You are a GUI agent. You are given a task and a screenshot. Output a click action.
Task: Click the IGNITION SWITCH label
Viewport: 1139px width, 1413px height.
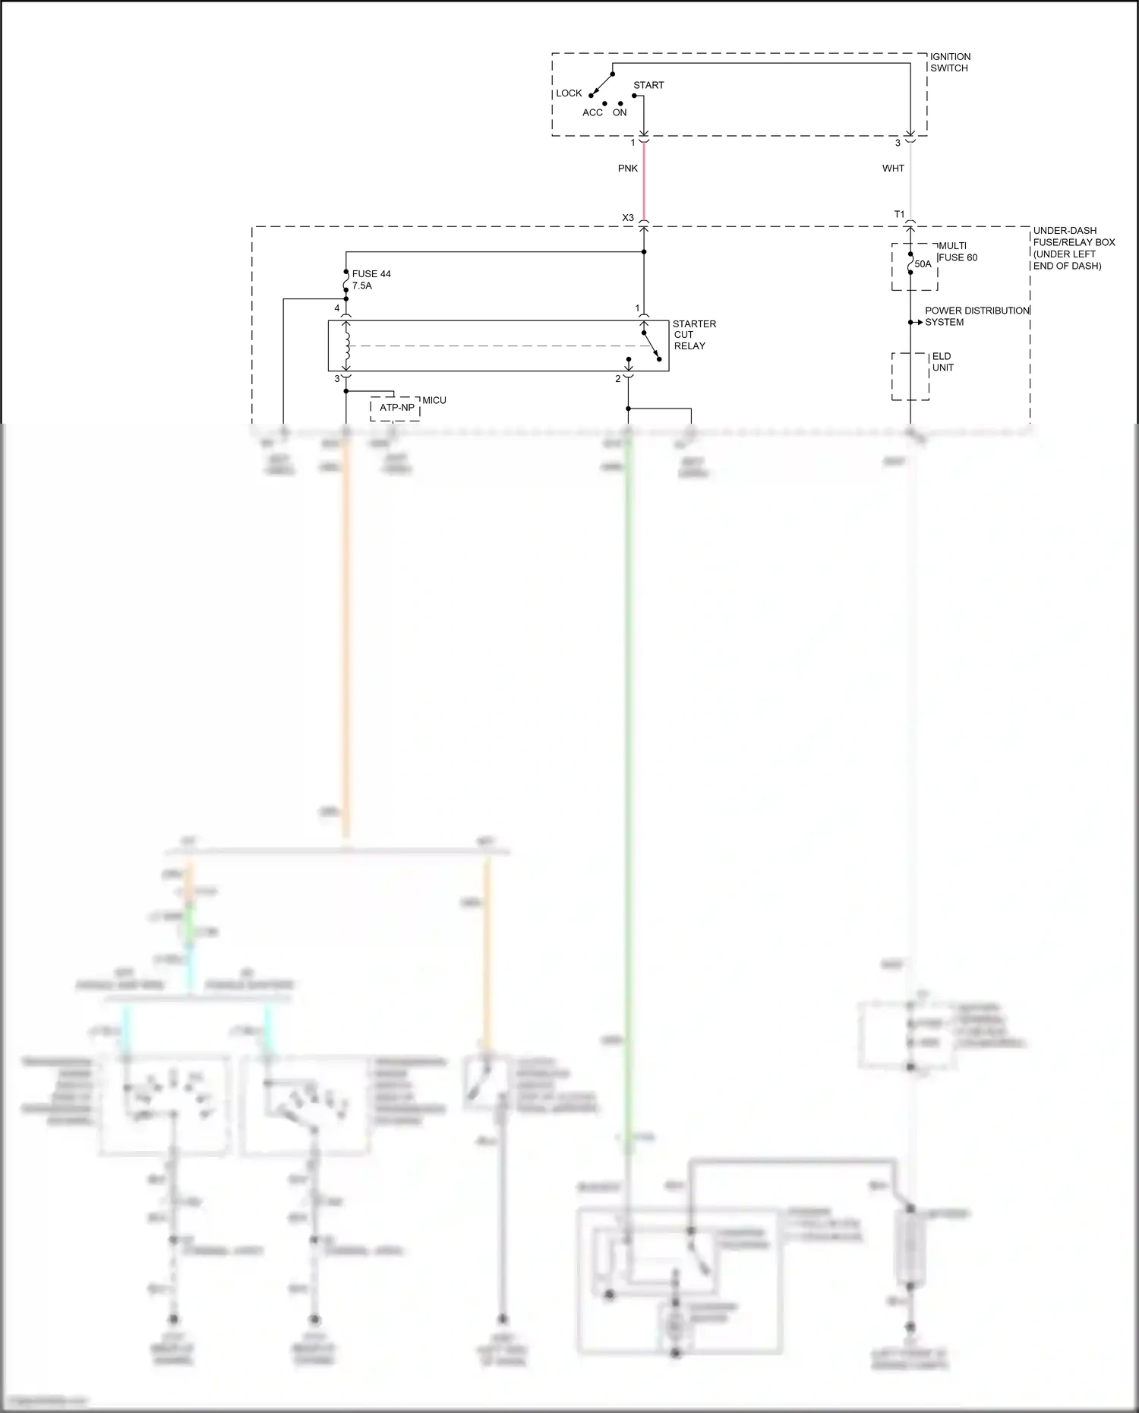(x=950, y=62)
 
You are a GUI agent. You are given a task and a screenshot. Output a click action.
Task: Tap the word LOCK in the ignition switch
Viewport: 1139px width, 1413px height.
(x=569, y=93)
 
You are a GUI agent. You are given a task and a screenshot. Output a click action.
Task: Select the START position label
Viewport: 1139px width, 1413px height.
(x=648, y=85)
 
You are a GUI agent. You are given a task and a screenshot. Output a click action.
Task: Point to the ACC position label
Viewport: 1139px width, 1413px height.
(x=592, y=112)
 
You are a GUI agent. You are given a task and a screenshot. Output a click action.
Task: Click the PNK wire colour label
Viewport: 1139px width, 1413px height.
(x=628, y=169)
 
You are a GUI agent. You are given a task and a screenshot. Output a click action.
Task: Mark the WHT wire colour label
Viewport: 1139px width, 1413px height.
(x=893, y=169)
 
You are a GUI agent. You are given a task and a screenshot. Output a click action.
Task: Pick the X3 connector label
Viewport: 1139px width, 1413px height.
(x=628, y=218)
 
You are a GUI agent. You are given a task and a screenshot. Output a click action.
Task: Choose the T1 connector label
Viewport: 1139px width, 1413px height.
(x=899, y=215)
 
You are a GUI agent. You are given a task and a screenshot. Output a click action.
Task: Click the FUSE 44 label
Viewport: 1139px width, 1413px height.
(x=371, y=274)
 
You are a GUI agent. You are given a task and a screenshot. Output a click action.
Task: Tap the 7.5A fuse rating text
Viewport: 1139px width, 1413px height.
(x=362, y=286)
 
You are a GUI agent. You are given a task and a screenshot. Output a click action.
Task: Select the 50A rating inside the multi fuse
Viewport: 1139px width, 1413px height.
(x=923, y=264)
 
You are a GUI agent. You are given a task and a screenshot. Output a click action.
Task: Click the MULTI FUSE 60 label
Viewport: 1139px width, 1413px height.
(x=958, y=252)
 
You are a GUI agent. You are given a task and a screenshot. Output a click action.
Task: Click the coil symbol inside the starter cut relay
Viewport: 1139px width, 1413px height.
(x=346, y=345)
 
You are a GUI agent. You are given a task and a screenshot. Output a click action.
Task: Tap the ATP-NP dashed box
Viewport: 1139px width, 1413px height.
(x=396, y=408)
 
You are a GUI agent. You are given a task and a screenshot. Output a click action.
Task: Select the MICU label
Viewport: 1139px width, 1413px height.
(x=434, y=400)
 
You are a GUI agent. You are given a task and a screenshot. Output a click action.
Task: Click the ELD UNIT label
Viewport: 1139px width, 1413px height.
(x=942, y=362)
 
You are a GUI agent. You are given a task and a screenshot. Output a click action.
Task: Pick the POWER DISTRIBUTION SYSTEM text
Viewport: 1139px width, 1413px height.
(x=977, y=317)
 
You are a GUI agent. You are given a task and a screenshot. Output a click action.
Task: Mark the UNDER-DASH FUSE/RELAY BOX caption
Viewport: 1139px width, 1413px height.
(x=1073, y=248)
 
